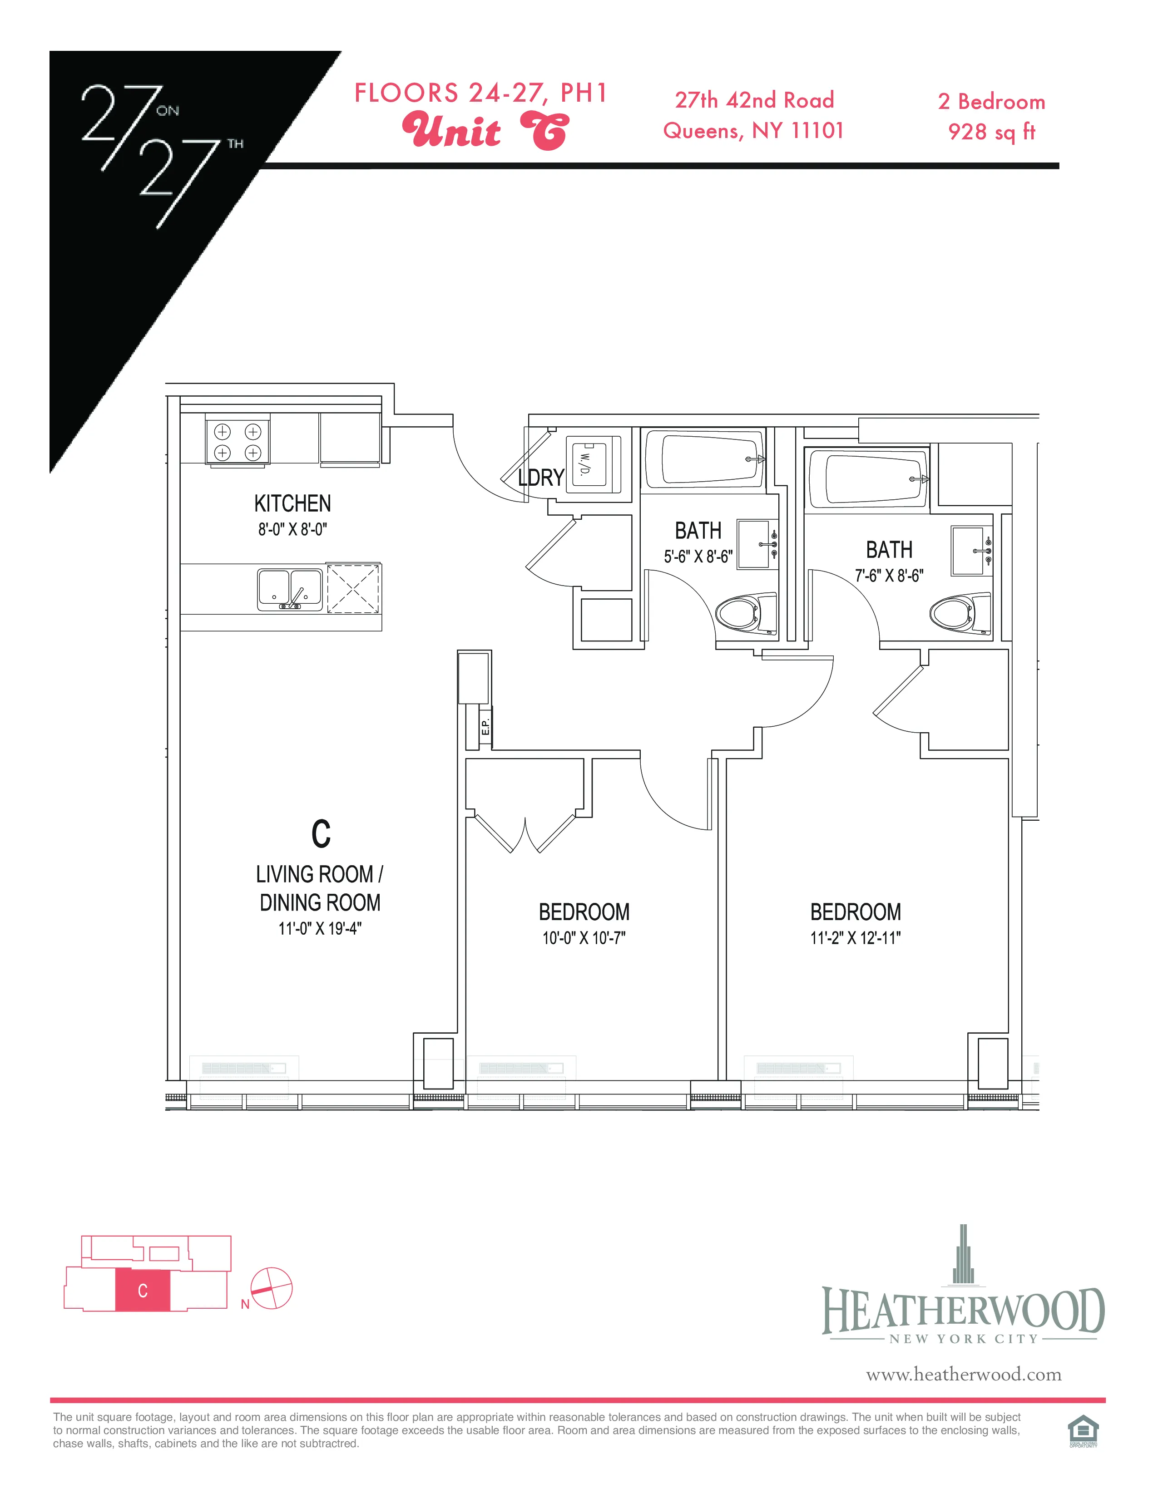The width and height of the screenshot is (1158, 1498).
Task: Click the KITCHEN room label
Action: pos(292,503)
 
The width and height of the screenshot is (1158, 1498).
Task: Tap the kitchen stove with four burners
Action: pos(238,442)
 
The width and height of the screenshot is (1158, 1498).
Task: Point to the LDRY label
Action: pos(540,478)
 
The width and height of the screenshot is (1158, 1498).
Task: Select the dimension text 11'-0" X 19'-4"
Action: pos(320,929)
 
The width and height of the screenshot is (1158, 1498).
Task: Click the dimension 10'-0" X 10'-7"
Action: pos(584,938)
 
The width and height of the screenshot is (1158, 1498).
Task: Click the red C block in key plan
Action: pos(142,1290)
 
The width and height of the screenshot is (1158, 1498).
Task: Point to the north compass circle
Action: pos(272,1288)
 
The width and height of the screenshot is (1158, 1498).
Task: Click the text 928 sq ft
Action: pos(991,132)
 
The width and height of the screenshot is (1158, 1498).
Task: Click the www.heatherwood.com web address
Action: pos(963,1375)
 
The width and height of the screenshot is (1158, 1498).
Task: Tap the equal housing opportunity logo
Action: pos(1083,1431)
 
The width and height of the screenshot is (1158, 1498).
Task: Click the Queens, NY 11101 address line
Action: pos(753,130)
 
